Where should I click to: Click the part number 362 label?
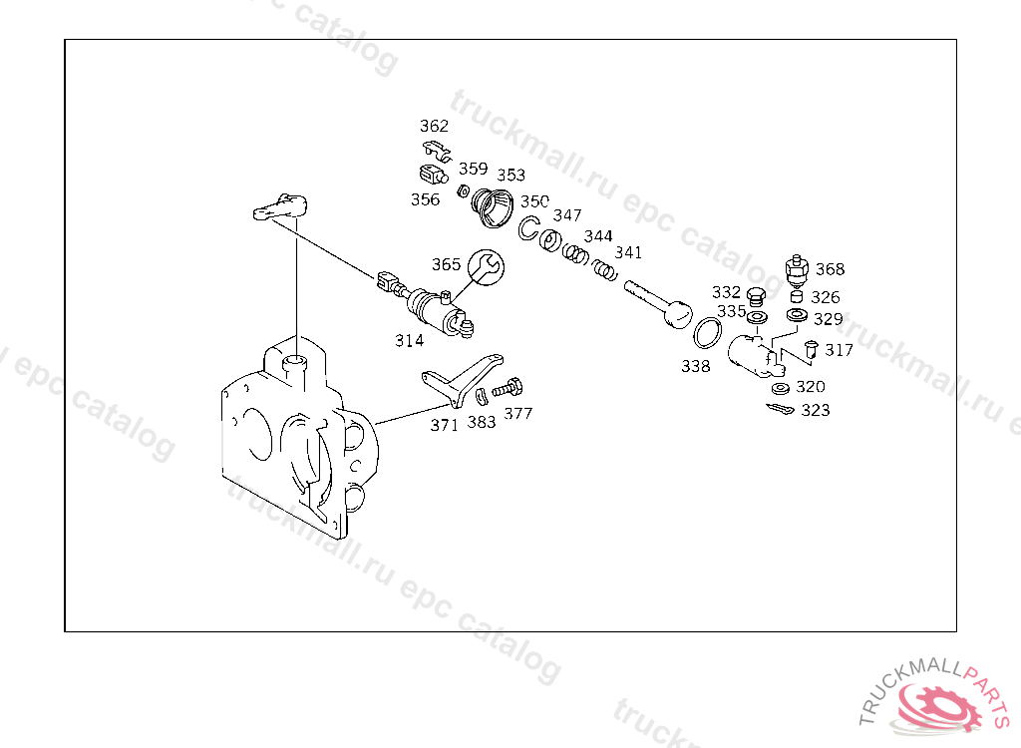(434, 127)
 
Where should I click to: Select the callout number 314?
(409, 340)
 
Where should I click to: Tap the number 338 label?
(696, 366)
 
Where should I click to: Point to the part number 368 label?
(830, 269)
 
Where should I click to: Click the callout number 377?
(517, 414)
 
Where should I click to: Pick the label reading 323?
(815, 410)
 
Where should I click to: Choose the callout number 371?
(444, 425)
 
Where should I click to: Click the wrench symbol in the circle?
(488, 265)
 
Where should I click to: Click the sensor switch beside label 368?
(796, 268)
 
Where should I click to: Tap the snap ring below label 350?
(528, 228)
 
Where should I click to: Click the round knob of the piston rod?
(677, 315)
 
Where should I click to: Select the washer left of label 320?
(780, 387)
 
